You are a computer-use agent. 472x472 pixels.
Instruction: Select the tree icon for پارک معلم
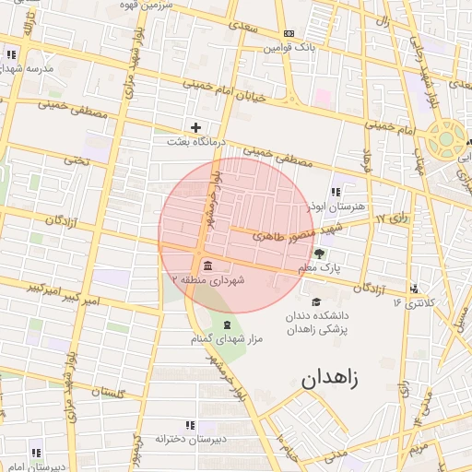[x=319, y=254]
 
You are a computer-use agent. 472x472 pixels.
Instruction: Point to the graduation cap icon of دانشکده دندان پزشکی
[x=316, y=301]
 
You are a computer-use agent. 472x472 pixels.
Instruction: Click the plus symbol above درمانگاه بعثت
[x=195, y=127]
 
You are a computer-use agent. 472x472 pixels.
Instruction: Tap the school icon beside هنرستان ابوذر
[x=335, y=192]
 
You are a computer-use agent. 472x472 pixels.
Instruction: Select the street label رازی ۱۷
[x=394, y=220]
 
